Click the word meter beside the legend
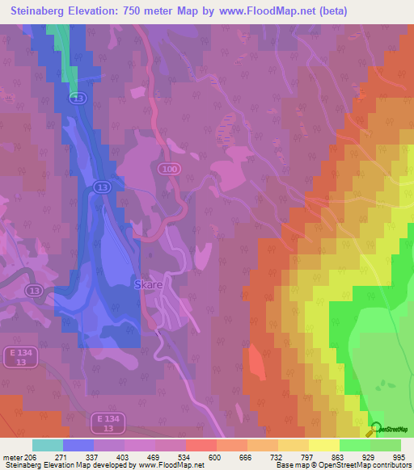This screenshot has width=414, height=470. point(11,457)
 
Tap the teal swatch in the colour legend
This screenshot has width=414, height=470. point(47,445)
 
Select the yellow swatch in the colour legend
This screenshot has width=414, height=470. point(323,445)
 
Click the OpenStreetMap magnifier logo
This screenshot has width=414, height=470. point(374,429)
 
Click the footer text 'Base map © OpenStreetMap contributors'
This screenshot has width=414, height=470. point(342,466)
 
